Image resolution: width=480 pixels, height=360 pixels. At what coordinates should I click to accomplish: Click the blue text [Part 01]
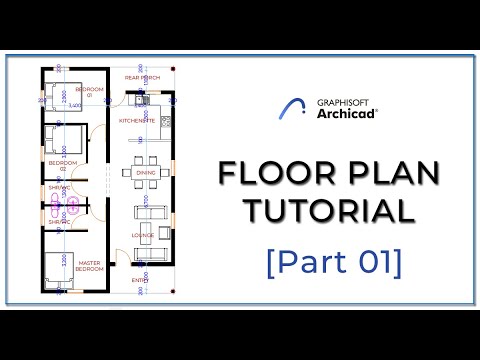[x=334, y=262]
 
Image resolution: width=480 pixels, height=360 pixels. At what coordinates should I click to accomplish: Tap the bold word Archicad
[x=346, y=115]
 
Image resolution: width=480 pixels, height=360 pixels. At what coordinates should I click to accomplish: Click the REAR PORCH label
[x=142, y=76]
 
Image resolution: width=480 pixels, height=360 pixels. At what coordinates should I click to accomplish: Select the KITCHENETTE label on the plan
[x=137, y=120]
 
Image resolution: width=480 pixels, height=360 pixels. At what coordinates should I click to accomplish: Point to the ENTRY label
[x=140, y=282]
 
